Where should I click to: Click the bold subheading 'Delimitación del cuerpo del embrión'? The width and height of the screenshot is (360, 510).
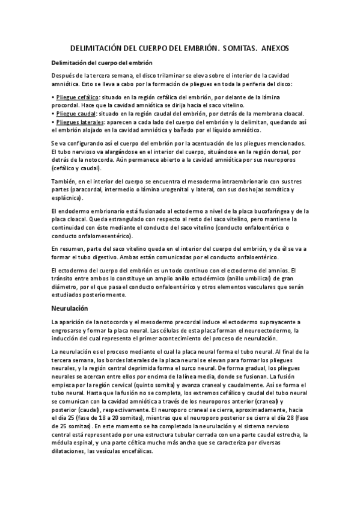click(102, 63)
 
